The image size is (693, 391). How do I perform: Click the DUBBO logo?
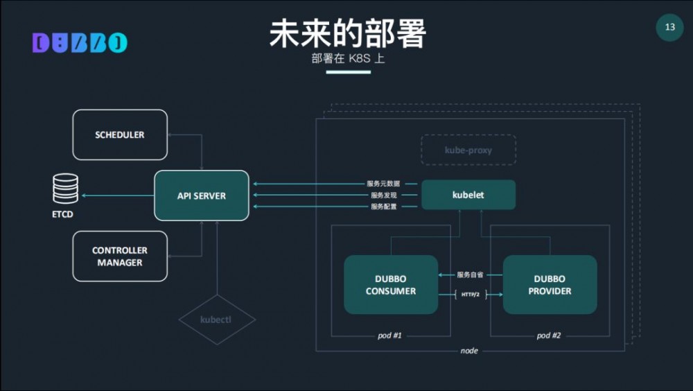80,43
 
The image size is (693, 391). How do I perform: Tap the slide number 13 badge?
669,27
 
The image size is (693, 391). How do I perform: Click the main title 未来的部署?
347,33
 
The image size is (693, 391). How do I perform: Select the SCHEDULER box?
120,134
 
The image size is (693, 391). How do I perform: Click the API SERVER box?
201,195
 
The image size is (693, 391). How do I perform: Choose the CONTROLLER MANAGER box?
120,257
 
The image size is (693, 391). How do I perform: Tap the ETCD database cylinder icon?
66,189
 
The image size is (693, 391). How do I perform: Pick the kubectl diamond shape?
217,320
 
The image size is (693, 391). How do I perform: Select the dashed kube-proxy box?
468,150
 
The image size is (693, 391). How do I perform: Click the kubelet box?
468,195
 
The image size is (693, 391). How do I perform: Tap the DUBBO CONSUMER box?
391,285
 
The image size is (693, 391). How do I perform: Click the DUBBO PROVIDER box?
550,285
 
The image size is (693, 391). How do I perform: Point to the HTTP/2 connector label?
471,295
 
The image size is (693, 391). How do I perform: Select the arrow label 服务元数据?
383,184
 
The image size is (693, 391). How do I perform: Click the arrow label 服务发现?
383,195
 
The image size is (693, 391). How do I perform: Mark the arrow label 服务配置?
383,207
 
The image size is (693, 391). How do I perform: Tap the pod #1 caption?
389,336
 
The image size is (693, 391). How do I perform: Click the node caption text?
469,351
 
